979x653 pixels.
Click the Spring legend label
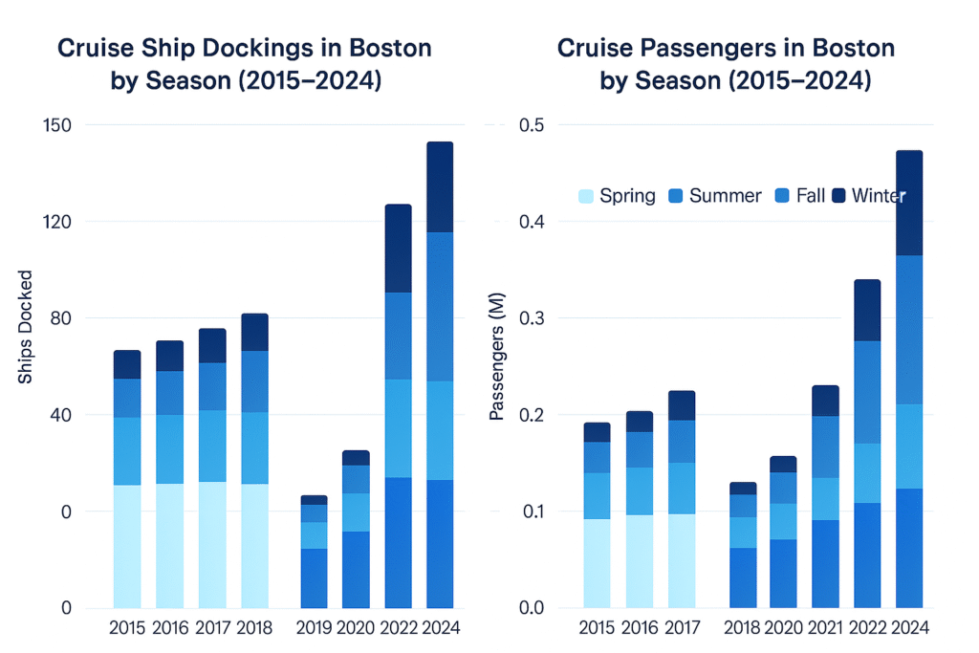pyautogui.click(x=627, y=196)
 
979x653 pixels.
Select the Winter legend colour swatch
pyautogui.click(x=838, y=196)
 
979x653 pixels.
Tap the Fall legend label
pyautogui.click(x=810, y=196)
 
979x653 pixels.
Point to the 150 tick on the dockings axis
pyautogui.click(x=60, y=125)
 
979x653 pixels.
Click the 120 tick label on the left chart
pyautogui.click(x=60, y=222)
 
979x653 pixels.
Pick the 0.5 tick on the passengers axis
pyautogui.click(x=530, y=125)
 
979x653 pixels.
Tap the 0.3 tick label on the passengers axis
pyautogui.click(x=530, y=318)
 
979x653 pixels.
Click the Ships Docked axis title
pyautogui.click(x=25, y=328)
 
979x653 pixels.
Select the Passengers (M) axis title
pyautogui.click(x=496, y=365)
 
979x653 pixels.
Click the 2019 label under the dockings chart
pyautogui.click(x=315, y=628)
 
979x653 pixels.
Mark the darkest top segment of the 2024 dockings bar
pyautogui.click(x=439, y=187)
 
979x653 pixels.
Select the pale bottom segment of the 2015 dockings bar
pyautogui.click(x=127, y=546)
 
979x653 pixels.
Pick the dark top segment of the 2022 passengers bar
pyautogui.click(x=866, y=311)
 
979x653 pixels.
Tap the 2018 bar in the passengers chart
pyautogui.click(x=743, y=545)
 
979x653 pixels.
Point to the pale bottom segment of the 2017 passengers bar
pyautogui.click(x=682, y=560)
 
